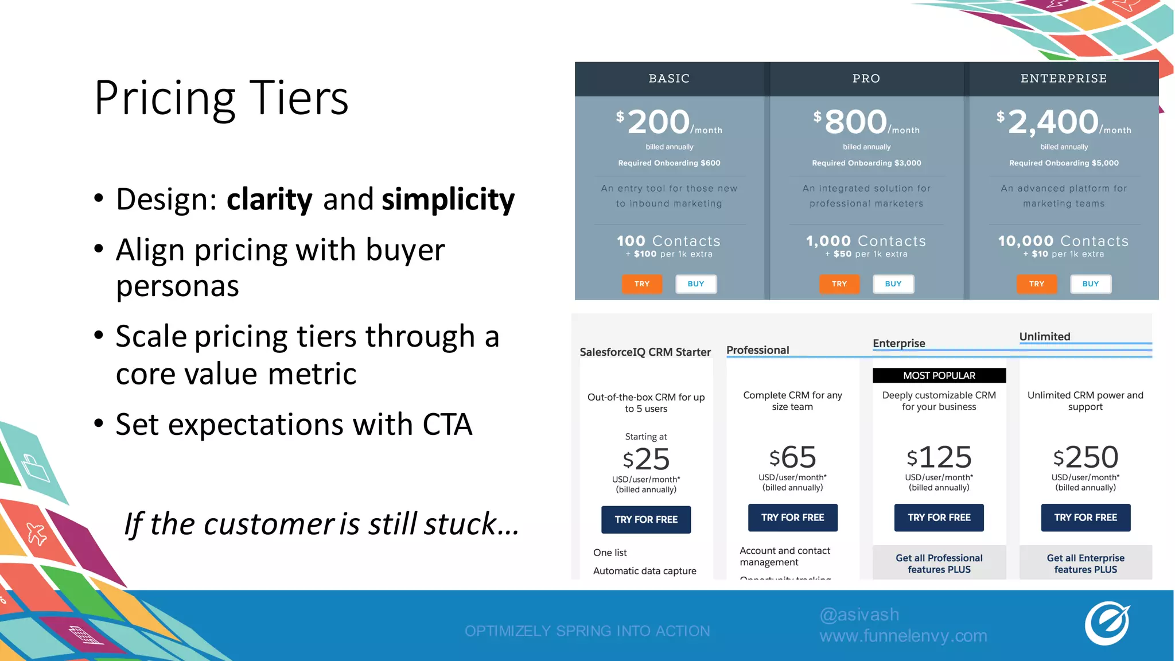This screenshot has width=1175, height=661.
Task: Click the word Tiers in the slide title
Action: coord(299,98)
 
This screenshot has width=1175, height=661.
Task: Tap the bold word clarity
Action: coord(269,199)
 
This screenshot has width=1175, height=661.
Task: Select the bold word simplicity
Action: coord(448,199)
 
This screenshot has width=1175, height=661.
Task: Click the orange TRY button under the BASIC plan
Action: coord(642,284)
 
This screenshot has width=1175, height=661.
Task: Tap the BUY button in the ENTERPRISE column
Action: coord(1090,284)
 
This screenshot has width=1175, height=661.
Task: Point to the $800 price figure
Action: coord(855,122)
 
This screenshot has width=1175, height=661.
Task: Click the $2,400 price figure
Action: coord(1053,122)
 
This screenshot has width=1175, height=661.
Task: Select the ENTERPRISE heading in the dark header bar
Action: coord(1063,79)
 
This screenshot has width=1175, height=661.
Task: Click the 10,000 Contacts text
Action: coord(1063,241)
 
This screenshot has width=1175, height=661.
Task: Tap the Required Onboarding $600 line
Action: coord(669,163)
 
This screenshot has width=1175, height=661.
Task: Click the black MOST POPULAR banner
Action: coord(939,375)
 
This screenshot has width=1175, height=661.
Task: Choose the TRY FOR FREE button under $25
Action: coord(646,519)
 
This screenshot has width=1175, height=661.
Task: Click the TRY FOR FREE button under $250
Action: coord(1085,518)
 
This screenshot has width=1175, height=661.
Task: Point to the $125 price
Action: coord(939,457)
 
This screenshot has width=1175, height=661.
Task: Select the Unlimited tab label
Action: coord(1044,337)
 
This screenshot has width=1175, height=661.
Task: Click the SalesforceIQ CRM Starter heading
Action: coord(645,352)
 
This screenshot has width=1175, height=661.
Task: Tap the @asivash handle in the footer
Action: coord(859,615)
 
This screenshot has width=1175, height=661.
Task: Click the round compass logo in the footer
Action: coord(1106,624)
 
